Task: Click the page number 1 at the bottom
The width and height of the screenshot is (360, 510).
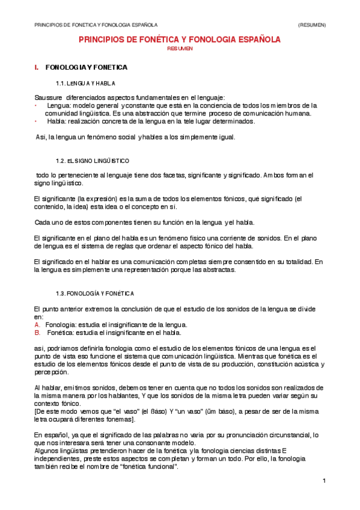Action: (323, 480)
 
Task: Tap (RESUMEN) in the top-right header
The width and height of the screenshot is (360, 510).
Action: (312, 25)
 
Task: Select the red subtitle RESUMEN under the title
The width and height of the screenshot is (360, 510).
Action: (180, 49)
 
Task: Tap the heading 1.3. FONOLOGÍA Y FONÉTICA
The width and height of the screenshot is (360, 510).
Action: (94, 293)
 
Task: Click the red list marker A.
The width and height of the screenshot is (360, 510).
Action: (37, 325)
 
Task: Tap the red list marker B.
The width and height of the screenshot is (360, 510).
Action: (37, 332)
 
